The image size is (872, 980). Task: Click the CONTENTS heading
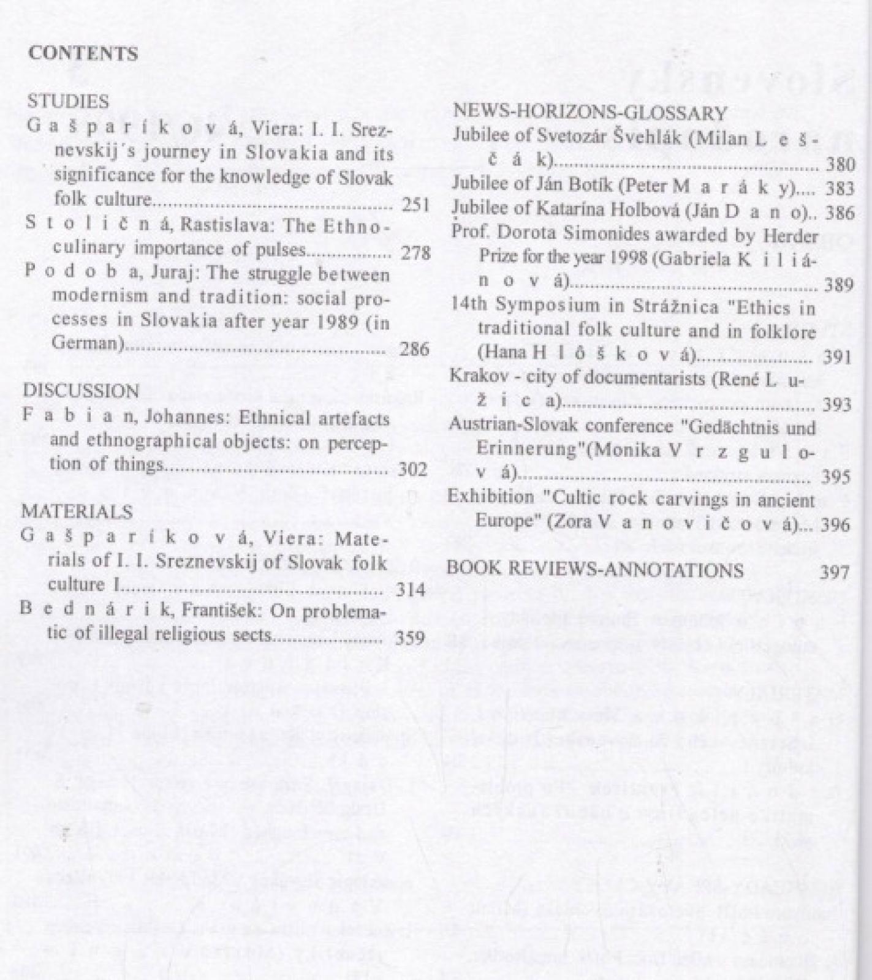[x=83, y=54]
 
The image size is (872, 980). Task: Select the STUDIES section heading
[x=68, y=101]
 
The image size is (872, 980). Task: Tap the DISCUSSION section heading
[x=81, y=391]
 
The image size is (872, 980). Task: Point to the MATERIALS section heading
[x=77, y=511]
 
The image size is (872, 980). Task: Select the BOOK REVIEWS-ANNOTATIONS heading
[x=594, y=570]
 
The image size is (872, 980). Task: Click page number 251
[x=415, y=204]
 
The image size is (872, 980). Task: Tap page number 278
[x=415, y=252]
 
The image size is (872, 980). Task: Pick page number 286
[x=414, y=349]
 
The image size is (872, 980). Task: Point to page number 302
[x=412, y=470]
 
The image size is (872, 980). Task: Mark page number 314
[x=411, y=590]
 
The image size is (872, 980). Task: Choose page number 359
[x=410, y=638]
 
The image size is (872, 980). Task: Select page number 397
[x=835, y=572]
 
